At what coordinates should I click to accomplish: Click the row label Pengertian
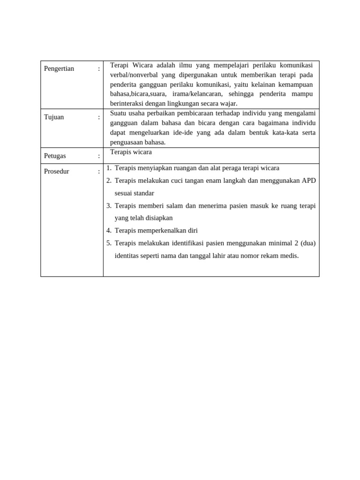(59, 69)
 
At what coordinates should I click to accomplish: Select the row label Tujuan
(54, 117)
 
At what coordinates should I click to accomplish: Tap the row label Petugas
(55, 156)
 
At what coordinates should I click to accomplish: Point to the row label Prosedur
(57, 172)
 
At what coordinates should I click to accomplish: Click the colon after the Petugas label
(99, 156)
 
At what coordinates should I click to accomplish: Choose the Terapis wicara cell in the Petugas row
(131, 152)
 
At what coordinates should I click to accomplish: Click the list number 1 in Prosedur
(108, 168)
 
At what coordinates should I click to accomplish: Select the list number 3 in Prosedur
(108, 206)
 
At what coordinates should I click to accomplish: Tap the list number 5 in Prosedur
(108, 243)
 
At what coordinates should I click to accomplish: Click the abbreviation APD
(308, 180)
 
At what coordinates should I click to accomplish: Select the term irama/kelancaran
(197, 94)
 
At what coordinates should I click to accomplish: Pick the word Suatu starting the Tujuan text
(119, 113)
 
